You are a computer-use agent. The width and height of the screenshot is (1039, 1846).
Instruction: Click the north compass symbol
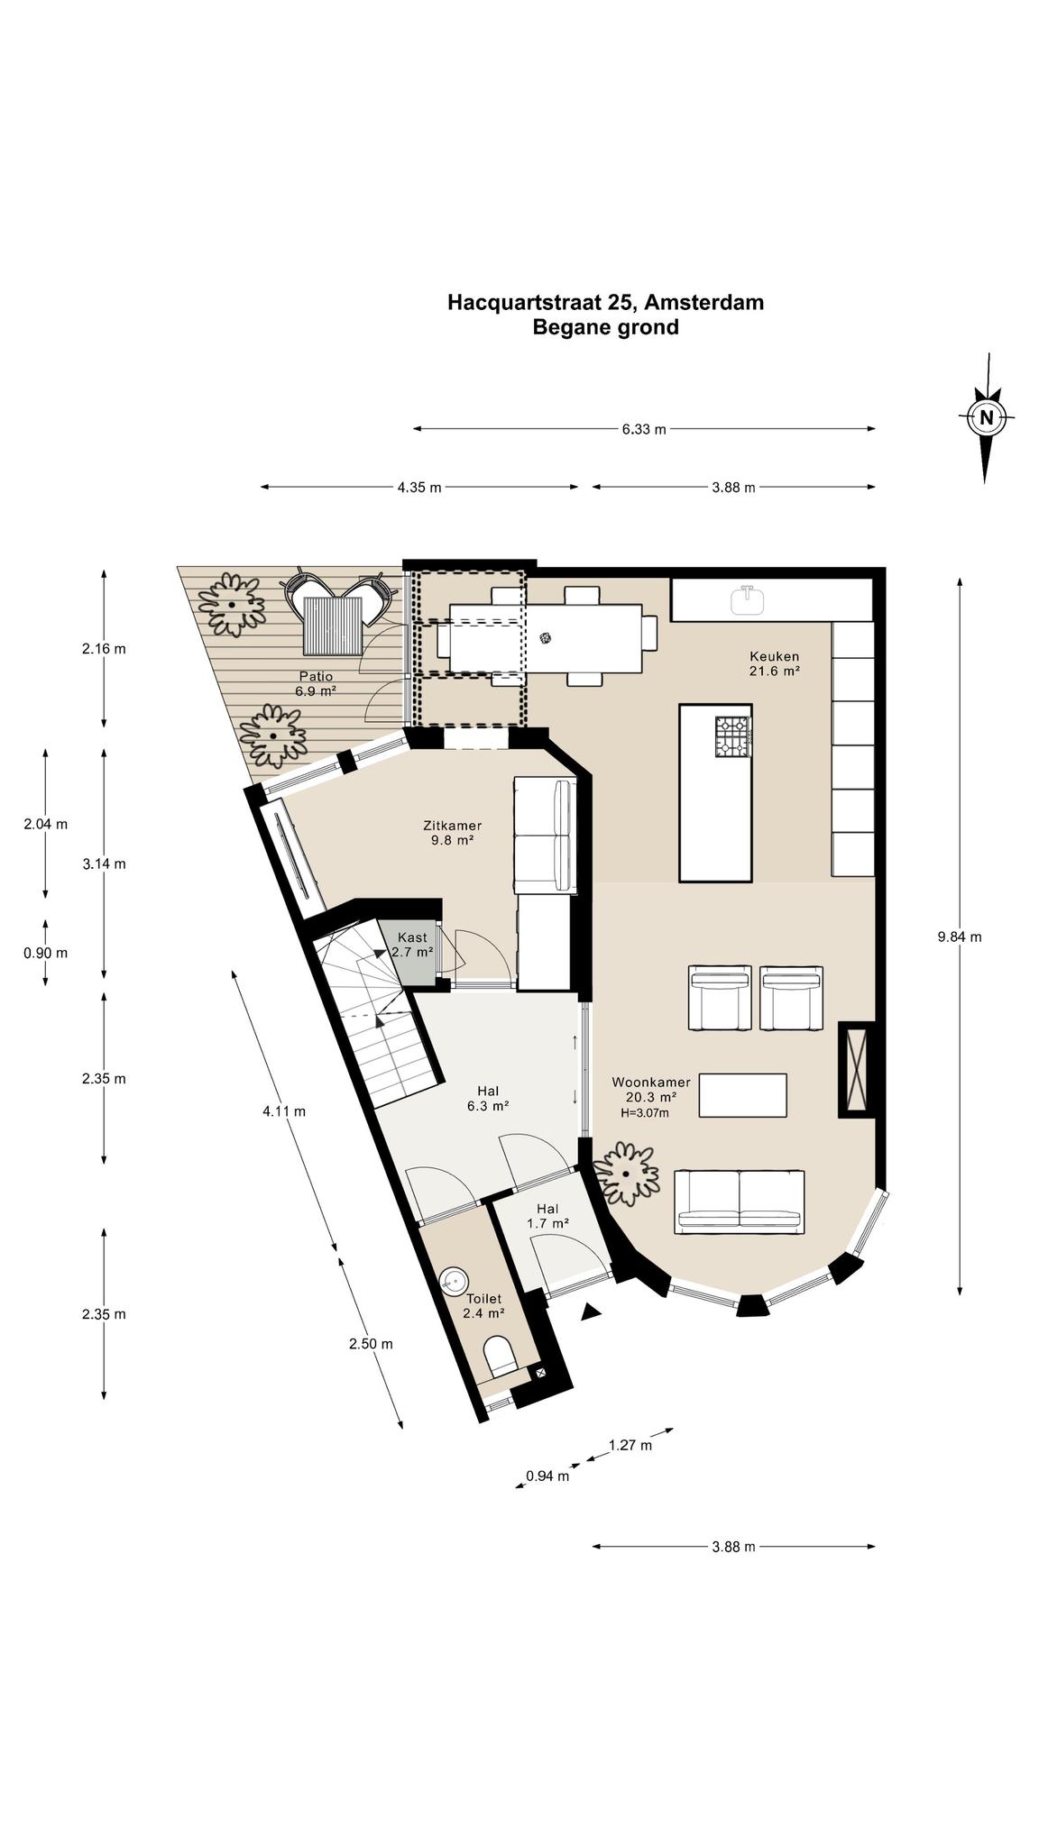[987, 417]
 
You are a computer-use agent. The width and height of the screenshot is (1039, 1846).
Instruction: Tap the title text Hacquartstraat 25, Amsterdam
[605, 302]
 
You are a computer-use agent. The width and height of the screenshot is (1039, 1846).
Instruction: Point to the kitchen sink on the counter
[746, 599]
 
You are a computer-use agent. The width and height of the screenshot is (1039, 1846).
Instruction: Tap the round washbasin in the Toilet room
[454, 1279]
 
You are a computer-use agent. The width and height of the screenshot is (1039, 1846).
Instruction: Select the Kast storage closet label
[412, 945]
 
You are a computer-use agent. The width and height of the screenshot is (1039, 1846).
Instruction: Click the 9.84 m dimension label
[960, 937]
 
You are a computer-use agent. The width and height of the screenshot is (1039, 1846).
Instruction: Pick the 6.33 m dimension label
[644, 429]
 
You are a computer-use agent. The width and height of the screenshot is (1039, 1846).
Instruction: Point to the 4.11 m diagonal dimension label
[284, 1111]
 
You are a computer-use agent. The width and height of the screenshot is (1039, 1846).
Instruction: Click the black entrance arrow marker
[591, 1312]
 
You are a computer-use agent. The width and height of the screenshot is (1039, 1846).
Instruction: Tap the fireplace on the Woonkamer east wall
[856, 1070]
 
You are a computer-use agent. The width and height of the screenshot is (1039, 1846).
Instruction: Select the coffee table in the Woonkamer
[742, 1095]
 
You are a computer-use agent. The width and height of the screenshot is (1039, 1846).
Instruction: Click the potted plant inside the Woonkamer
[626, 1174]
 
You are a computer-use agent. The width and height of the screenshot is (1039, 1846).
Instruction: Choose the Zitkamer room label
[452, 832]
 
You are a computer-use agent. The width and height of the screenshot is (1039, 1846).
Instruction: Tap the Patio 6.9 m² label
[316, 683]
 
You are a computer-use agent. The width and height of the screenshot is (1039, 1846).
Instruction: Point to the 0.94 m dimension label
[547, 1476]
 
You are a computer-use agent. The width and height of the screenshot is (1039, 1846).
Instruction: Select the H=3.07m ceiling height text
[645, 1113]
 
